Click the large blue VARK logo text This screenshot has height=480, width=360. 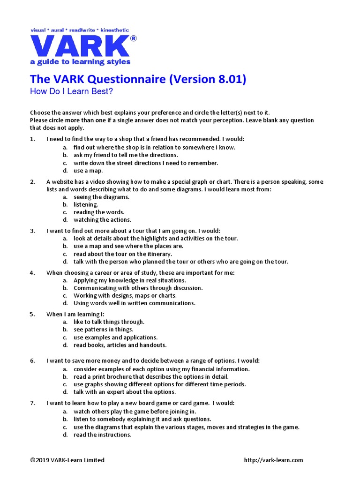point(80,45)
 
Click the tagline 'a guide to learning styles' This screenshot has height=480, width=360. point(80,62)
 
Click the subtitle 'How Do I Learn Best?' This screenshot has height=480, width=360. point(71,91)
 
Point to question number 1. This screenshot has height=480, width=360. point(32,139)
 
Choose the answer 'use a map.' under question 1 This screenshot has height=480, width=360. point(88,171)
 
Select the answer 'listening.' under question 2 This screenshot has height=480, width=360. point(86,204)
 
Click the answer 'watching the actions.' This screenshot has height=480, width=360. point(102,219)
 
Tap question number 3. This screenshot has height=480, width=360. point(32,231)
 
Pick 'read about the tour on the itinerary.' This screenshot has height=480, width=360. point(122,254)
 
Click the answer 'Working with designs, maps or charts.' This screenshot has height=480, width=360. point(125,295)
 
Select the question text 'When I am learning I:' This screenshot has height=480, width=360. point(75,314)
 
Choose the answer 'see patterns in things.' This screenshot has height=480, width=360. point(103,330)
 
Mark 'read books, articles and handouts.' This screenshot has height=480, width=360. point(120,345)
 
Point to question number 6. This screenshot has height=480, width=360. point(32,360)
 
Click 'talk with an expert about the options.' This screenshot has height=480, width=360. point(125,392)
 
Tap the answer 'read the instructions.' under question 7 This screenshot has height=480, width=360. point(102,435)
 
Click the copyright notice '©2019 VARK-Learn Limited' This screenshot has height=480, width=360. point(67,460)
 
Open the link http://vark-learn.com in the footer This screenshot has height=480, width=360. point(273,460)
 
